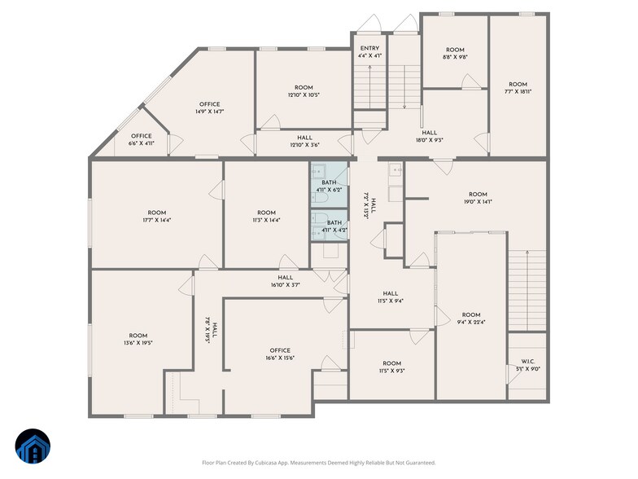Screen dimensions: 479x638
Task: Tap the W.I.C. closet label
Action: pos(528,365)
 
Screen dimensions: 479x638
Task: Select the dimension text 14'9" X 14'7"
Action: pos(210,112)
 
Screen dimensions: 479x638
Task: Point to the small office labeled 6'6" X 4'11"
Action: pos(141,139)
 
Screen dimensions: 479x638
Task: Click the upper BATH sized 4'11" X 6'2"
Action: pos(329,186)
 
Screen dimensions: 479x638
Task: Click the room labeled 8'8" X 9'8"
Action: pos(454,54)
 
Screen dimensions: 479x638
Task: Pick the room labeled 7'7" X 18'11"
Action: pos(518,88)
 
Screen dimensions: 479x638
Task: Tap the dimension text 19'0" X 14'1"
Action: pos(478,201)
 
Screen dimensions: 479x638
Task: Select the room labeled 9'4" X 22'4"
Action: pos(471,319)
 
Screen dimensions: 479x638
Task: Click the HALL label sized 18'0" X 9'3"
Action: pos(429,136)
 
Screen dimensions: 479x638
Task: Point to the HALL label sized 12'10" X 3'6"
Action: pos(304,142)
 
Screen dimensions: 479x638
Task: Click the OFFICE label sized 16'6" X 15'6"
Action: pos(279,354)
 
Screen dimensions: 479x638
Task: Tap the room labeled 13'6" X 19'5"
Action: pos(138,340)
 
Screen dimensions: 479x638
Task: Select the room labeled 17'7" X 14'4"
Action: pos(156,216)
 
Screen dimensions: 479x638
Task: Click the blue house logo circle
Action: pos(33,445)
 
